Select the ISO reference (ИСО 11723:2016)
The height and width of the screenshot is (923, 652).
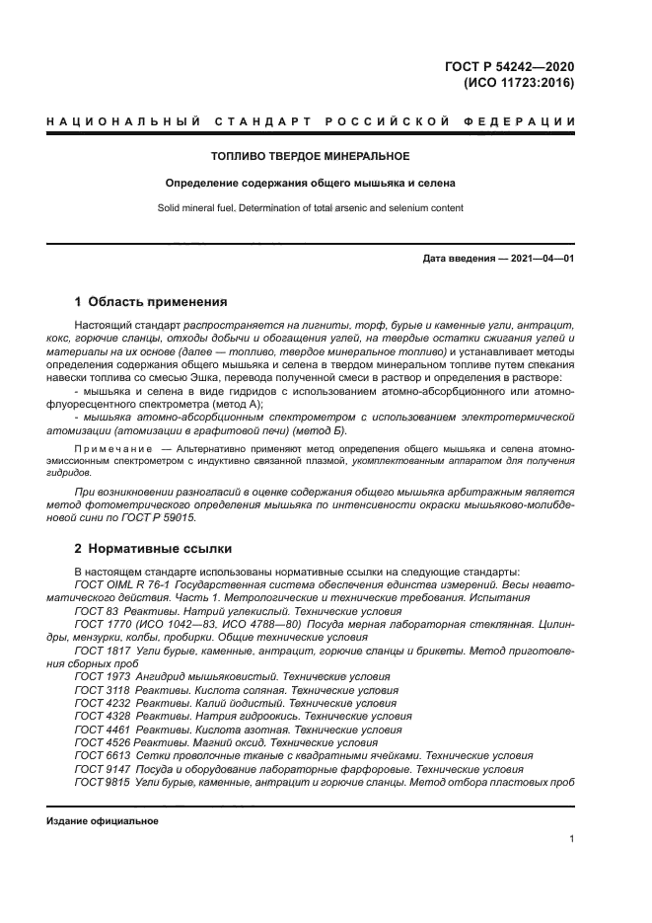[519, 83]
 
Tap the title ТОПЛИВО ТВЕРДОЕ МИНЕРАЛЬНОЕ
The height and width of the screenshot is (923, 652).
[311, 156]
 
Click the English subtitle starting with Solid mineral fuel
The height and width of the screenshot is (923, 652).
[311, 208]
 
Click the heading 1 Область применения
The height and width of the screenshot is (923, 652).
[151, 302]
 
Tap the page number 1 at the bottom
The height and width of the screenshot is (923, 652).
[571, 839]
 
